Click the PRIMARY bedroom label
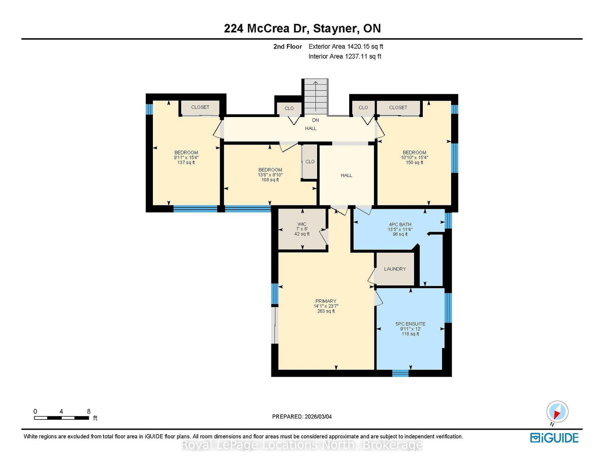coord(325,301)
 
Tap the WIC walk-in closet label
coord(302,224)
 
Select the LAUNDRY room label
coord(395,269)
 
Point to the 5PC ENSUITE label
coord(410,324)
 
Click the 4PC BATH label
coord(400,224)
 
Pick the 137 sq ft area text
coord(186,162)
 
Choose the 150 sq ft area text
coord(414,162)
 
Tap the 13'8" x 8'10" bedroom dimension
coord(270,175)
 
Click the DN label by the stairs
coord(315,120)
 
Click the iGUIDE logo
coord(554,438)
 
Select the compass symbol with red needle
coord(557,412)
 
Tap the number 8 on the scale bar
coord(89,412)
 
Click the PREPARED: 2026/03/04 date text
coord(302,416)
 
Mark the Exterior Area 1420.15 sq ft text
coord(345,46)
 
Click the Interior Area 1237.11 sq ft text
coord(344,56)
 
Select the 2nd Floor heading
coord(287,46)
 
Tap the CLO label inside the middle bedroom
coord(310,162)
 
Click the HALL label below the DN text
coord(310,128)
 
